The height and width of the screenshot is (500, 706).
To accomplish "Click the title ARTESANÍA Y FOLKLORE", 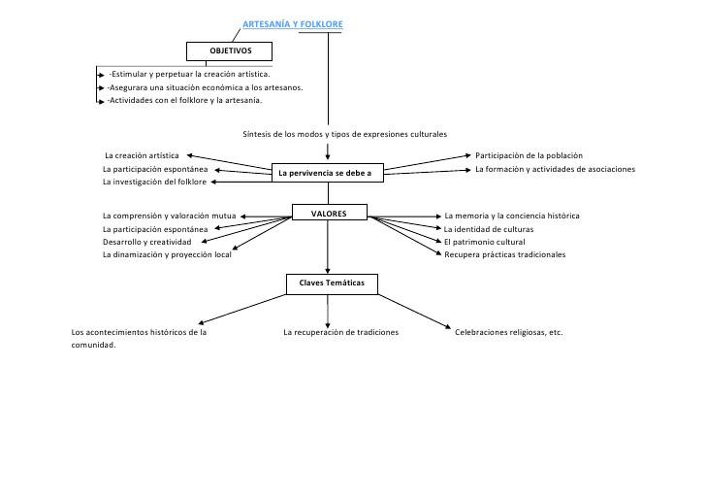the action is tap(293, 24).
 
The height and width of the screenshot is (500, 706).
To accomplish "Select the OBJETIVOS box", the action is tap(229, 51).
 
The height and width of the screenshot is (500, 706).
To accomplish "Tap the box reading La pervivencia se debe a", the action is tap(328, 173).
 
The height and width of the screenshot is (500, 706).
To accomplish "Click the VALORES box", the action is tap(330, 213).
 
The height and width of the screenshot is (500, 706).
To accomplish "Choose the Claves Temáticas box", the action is tap(332, 284).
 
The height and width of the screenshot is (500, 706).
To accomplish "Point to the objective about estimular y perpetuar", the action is tap(189, 74).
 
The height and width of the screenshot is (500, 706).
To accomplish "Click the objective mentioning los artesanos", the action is tap(205, 87).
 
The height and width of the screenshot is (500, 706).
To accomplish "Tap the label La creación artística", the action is tap(142, 155).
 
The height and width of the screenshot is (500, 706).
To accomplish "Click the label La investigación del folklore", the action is tap(154, 182).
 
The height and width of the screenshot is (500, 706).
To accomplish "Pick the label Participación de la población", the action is tap(529, 155).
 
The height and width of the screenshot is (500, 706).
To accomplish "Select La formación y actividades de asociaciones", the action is tap(555, 169).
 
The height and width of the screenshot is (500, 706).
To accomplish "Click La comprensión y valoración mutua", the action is tap(170, 216).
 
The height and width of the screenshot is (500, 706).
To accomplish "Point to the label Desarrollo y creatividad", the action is tap(146, 242).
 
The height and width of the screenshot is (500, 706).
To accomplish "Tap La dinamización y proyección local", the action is tap(167, 254).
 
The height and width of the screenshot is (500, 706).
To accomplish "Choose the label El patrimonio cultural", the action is tap(485, 242).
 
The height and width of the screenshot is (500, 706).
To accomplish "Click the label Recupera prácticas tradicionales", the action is tap(504, 254).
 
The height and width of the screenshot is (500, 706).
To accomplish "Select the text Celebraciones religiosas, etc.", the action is tap(509, 332).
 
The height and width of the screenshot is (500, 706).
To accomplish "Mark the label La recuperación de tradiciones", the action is tap(340, 332).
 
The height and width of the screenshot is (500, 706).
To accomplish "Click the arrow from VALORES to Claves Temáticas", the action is tap(328, 247).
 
